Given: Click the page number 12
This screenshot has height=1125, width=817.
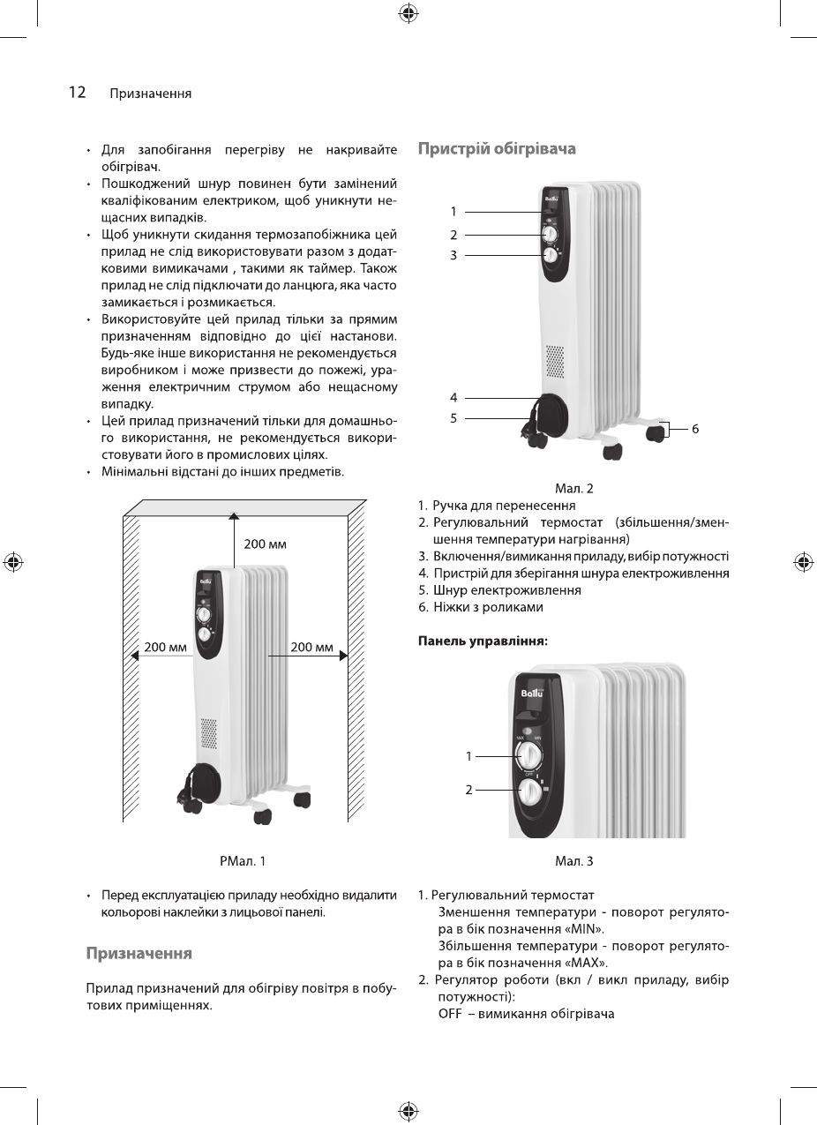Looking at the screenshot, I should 77,92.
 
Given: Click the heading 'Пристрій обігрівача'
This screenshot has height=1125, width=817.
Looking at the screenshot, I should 497,149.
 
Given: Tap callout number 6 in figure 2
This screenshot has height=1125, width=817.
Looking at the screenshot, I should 695,429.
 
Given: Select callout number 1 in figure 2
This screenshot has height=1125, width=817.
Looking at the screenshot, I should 453,212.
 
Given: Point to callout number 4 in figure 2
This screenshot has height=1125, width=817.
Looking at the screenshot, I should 453,398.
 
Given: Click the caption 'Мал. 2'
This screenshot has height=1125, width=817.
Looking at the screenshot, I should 573,488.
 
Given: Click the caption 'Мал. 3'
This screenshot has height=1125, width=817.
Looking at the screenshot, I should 573,860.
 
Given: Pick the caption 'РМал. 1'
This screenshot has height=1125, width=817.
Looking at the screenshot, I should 241,860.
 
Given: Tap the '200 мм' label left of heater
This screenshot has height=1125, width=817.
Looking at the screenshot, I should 166,648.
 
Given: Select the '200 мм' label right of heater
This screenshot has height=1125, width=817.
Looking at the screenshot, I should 311,648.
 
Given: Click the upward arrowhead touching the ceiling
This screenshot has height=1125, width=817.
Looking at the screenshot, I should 233,516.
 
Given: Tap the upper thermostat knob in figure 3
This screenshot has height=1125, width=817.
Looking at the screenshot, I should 530,755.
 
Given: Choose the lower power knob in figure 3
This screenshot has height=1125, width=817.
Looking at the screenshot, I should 530,791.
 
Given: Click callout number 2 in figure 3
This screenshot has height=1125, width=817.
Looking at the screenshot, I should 469,790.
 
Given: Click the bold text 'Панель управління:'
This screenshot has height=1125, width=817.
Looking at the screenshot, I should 483,641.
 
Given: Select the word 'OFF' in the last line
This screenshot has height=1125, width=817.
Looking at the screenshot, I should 450,1013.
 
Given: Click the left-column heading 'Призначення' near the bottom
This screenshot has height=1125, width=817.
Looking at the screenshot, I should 139,954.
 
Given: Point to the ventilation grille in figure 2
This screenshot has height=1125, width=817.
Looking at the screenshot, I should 554,361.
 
